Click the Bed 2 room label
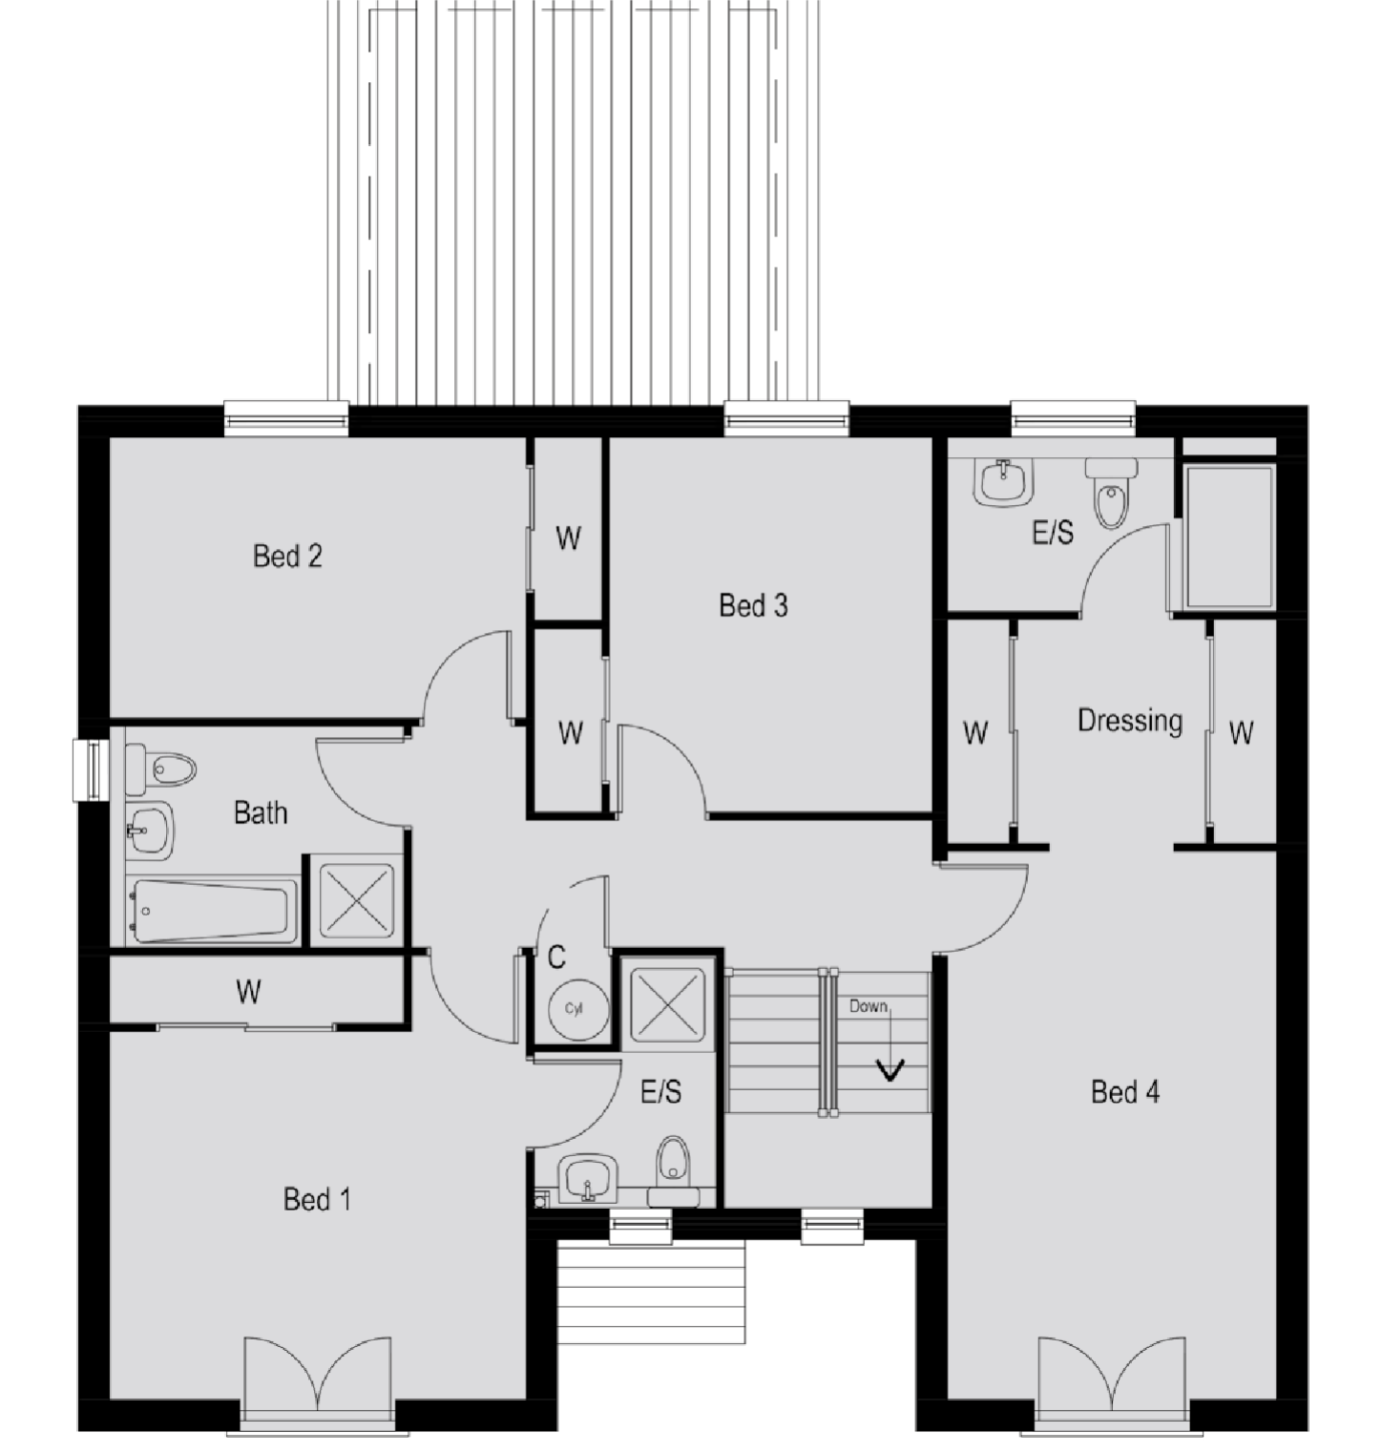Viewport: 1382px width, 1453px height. click(287, 556)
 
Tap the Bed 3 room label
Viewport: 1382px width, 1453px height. click(753, 605)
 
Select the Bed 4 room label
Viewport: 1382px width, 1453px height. click(1125, 1091)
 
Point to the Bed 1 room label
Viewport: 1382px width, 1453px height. click(317, 1199)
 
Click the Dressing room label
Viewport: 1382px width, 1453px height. click(1130, 721)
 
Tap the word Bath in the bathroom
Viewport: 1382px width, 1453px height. click(261, 812)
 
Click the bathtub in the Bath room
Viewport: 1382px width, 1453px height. click(211, 911)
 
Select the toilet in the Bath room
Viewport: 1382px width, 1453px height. click(161, 769)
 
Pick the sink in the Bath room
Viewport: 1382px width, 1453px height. click(149, 830)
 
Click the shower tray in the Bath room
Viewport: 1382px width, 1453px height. click(356, 899)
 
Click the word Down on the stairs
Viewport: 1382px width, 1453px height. click(869, 1006)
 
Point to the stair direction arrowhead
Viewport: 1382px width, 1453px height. click(890, 1070)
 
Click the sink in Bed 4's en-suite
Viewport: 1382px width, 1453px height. click(1004, 482)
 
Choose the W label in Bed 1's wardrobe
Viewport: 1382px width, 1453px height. click(248, 993)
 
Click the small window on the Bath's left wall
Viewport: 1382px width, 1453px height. click(92, 770)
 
